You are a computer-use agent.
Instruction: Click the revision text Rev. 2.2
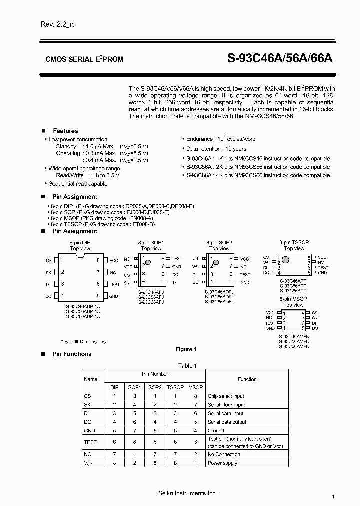click(x=56, y=25)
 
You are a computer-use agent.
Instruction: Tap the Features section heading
click(x=65, y=131)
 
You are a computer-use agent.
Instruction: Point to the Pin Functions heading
click(x=72, y=354)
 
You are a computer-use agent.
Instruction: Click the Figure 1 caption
click(x=186, y=349)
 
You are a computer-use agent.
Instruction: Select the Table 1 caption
click(x=188, y=365)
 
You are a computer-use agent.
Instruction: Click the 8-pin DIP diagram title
click(x=80, y=242)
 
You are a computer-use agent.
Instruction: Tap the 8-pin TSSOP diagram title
click(x=294, y=242)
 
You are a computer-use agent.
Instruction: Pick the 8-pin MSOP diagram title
click(x=293, y=299)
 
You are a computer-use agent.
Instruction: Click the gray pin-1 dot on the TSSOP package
click(x=286, y=260)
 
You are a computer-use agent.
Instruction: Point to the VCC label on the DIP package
click(x=114, y=260)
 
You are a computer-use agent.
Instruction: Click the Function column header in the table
click(x=247, y=379)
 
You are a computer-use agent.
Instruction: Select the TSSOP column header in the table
click(x=175, y=387)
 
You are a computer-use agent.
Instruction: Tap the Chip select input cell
click(x=226, y=396)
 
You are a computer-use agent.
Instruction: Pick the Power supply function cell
click(x=223, y=463)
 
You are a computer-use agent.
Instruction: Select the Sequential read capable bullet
click(x=78, y=184)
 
